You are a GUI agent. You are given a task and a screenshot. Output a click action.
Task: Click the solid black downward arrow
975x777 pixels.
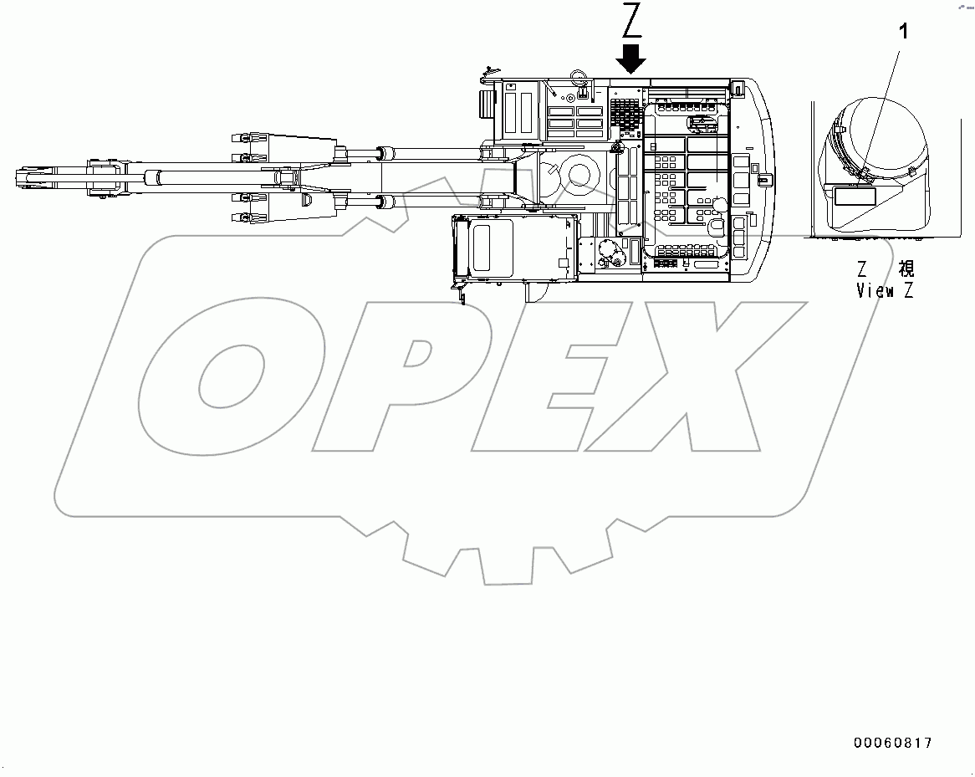pos(631,58)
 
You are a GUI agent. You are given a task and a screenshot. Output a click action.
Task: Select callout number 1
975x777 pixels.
pos(902,32)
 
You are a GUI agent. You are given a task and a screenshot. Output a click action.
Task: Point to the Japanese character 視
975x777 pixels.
pos(906,269)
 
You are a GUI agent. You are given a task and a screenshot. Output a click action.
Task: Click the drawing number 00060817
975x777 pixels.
pos(891,743)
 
